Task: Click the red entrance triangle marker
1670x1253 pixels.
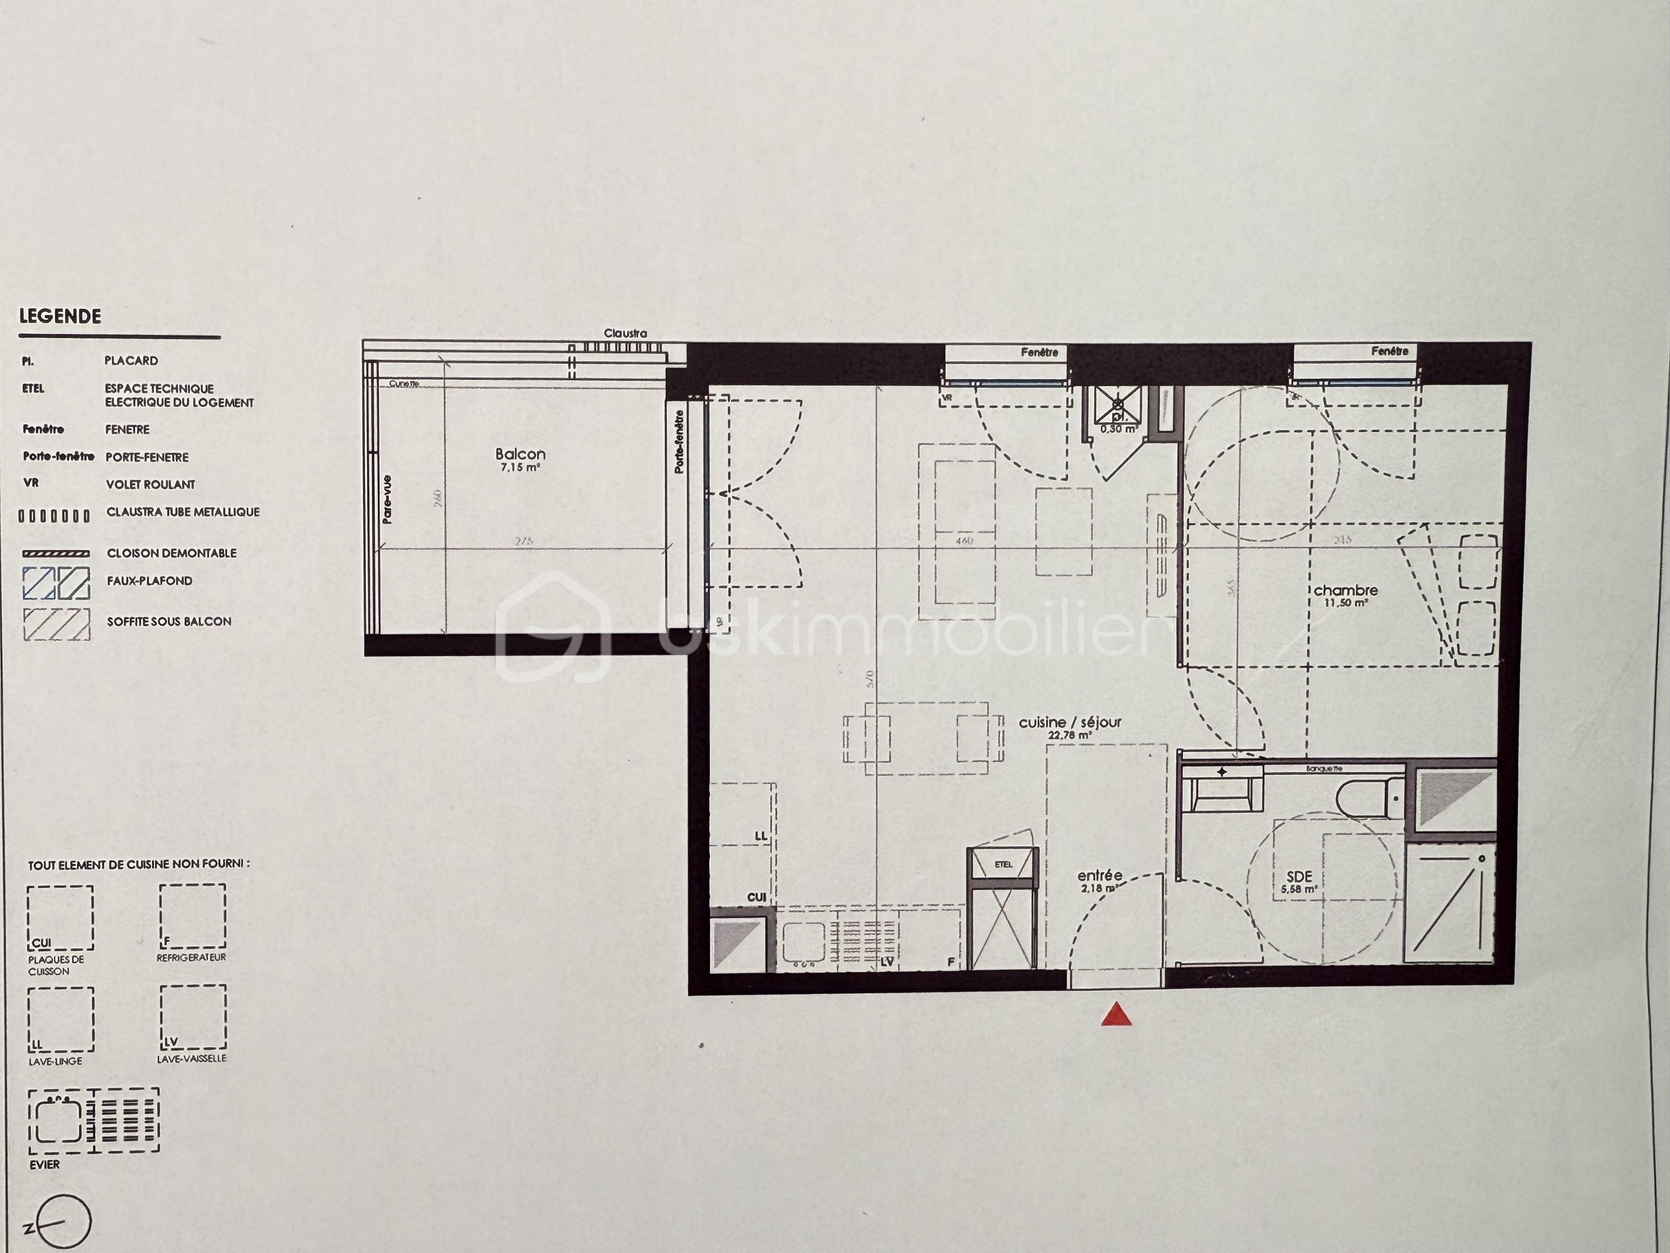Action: pyautogui.click(x=1116, y=1015)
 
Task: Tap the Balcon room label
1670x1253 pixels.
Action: pyautogui.click(x=520, y=454)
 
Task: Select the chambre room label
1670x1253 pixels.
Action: pyautogui.click(x=1345, y=590)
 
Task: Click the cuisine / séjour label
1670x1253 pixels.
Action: pyautogui.click(x=1070, y=722)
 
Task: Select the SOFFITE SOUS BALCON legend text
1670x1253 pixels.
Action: pyautogui.click(x=169, y=622)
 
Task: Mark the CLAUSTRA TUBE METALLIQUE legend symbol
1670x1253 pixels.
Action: pyautogui.click(x=54, y=516)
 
